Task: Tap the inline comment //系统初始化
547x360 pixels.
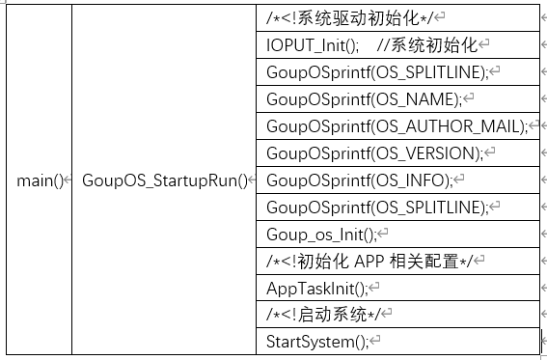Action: point(426,45)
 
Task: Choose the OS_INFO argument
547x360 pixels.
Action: point(414,180)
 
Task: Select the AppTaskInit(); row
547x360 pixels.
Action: point(317,289)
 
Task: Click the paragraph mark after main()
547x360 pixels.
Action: point(67,181)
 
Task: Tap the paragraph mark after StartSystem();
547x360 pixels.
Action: point(376,343)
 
